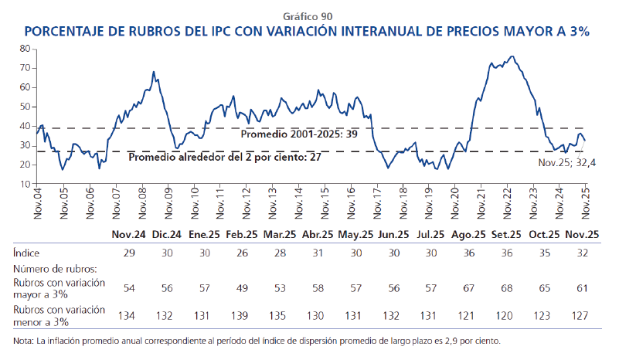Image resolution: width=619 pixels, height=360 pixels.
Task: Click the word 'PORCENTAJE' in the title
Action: pyautogui.click(x=68, y=32)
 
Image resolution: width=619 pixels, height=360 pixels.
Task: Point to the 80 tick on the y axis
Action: pyautogui.click(x=24, y=48)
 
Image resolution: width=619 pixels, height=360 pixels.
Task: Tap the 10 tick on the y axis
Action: pyautogui.click(x=24, y=184)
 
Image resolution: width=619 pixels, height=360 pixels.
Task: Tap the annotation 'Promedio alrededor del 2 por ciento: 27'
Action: pyautogui.click(x=224, y=157)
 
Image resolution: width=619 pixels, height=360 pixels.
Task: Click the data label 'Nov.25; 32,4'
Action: pyautogui.click(x=566, y=163)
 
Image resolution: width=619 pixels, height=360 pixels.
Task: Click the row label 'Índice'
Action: pyautogui.click(x=26, y=253)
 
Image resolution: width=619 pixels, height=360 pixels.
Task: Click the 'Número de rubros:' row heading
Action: pyautogui.click(x=54, y=269)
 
